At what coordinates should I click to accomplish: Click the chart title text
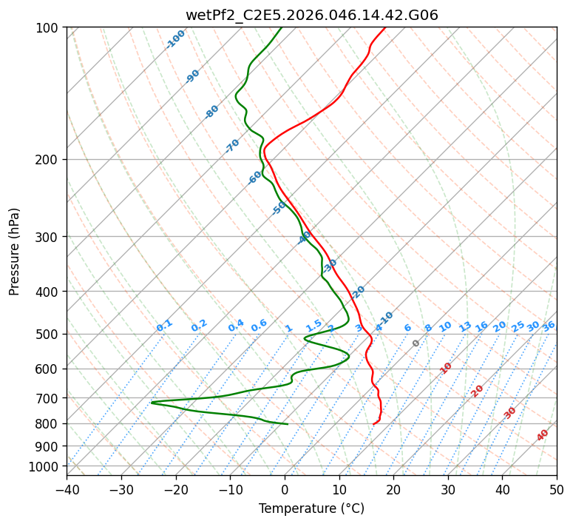(311, 14)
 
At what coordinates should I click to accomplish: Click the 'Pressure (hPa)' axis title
(15, 251)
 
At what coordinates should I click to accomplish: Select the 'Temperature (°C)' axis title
(311, 508)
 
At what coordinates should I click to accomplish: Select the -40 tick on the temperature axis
(67, 489)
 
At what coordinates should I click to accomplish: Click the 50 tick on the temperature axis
(557, 489)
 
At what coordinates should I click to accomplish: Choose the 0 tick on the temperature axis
(285, 489)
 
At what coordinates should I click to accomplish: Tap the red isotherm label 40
(543, 435)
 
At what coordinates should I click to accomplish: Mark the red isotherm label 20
(478, 390)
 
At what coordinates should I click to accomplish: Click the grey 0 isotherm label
(416, 343)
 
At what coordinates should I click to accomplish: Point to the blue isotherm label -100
(175, 39)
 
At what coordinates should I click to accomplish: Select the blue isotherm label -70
(232, 146)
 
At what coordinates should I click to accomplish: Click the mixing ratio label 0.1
(164, 325)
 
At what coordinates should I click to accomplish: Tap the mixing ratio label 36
(549, 326)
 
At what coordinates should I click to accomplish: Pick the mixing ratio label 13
(465, 326)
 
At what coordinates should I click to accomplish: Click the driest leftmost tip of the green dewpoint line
(152, 403)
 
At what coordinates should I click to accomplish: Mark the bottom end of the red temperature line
(374, 424)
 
